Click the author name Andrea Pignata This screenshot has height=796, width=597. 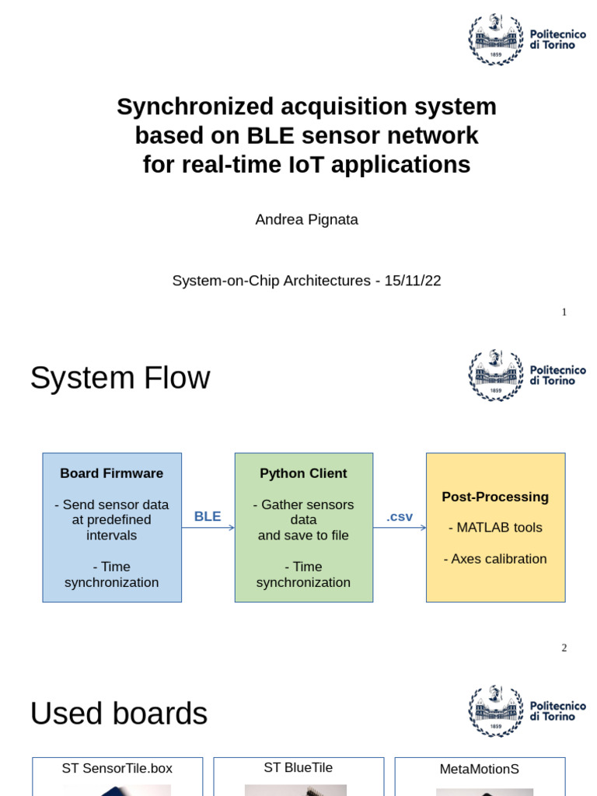coord(306,219)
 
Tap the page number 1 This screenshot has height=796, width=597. coord(564,312)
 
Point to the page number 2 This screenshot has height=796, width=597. coord(564,648)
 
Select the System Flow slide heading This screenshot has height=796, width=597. coord(120,378)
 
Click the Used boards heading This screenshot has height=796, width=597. coord(119,714)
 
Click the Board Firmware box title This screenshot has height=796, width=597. coord(112,473)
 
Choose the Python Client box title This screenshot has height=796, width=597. coord(303,473)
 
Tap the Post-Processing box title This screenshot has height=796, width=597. coord(495,497)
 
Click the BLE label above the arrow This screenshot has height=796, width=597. coord(208,516)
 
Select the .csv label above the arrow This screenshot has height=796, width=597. coord(400,516)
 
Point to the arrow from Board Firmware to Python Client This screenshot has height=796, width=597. coord(208,528)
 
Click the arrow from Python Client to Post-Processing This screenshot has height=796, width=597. coord(400,528)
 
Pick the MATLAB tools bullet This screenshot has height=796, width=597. coord(495,528)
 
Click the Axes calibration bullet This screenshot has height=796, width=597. coord(495,559)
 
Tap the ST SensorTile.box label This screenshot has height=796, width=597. coord(117,769)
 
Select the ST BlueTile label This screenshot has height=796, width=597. coord(298,768)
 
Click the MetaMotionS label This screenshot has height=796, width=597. coord(479,770)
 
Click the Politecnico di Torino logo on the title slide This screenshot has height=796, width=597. coord(526,40)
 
